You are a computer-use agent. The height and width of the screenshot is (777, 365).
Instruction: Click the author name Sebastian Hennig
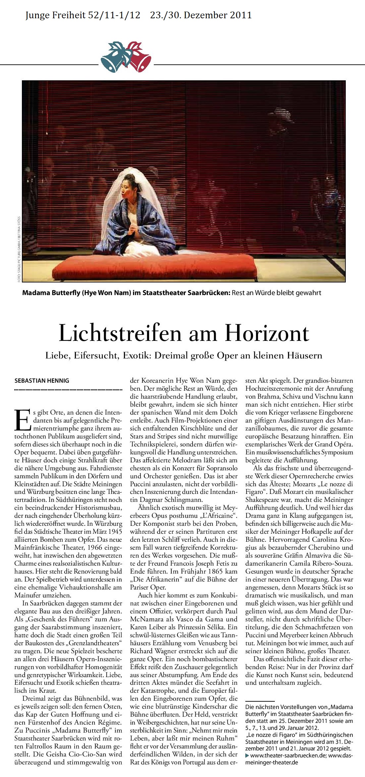(42, 381)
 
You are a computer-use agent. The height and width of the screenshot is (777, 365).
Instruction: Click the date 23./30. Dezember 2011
(201, 15)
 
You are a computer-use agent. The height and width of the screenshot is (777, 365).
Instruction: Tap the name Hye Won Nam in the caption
(106, 293)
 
